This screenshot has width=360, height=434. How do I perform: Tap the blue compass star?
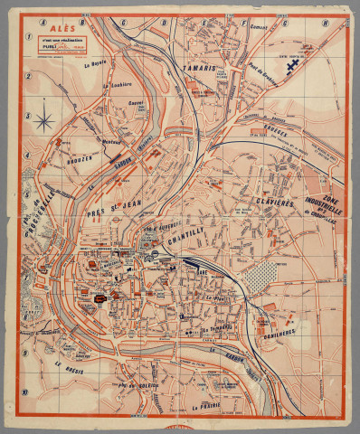[x=42, y=119]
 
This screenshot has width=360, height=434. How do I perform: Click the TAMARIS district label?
[x=200, y=69]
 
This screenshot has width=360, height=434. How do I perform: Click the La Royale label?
[x=95, y=65]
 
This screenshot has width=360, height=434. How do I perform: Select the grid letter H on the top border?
[x=322, y=24]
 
